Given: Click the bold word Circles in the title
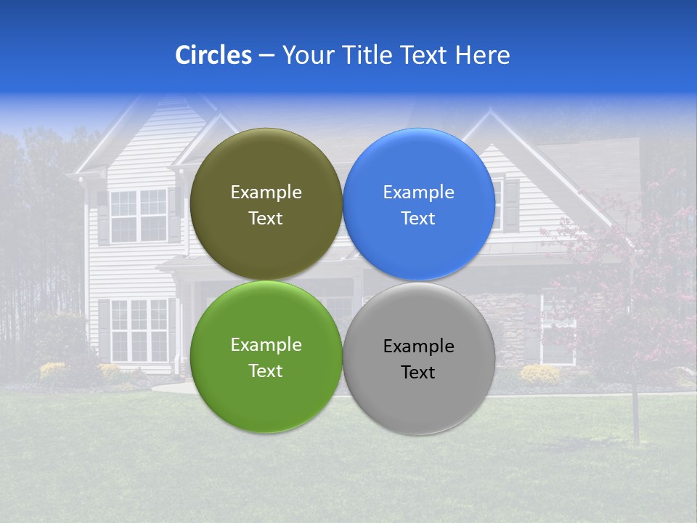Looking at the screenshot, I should click(x=213, y=55).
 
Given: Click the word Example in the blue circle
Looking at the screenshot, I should click(x=419, y=192).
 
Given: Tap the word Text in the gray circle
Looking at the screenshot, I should click(x=418, y=373).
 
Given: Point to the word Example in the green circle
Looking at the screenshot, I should click(x=266, y=345).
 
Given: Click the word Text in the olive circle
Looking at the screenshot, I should click(x=266, y=219).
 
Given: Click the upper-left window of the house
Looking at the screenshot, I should click(x=138, y=216).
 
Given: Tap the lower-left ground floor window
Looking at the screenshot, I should click(x=139, y=330).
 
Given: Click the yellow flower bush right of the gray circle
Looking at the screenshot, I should click(x=539, y=375).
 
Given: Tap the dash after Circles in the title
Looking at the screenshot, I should click(x=266, y=56).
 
